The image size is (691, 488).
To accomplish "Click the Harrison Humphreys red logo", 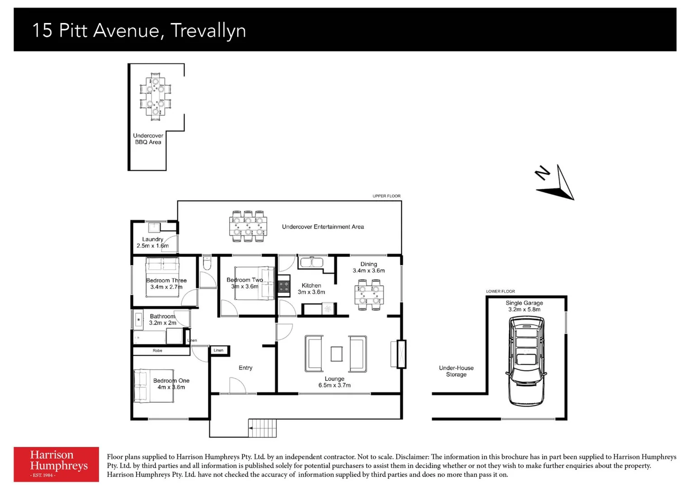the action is pyautogui.click(x=56, y=464).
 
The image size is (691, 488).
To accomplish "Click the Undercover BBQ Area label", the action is pyautogui.click(x=148, y=139).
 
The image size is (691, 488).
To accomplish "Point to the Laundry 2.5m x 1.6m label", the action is pyautogui.click(x=152, y=243).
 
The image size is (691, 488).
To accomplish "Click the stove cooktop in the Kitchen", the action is pyautogui.click(x=284, y=286).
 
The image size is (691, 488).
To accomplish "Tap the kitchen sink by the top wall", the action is pyautogui.click(x=312, y=262).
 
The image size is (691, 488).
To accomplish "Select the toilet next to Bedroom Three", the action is pyautogui.click(x=207, y=263).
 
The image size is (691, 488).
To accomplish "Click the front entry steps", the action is pyautogui.click(x=263, y=428).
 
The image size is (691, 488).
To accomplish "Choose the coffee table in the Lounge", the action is pyautogui.click(x=336, y=354).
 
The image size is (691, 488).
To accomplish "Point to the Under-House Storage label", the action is pyautogui.click(x=456, y=371).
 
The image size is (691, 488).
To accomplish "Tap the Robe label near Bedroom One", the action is pyautogui.click(x=157, y=351).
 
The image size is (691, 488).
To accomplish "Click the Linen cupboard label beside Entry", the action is pyautogui.click(x=218, y=350).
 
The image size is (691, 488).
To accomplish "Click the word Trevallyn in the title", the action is pyautogui.click(x=208, y=31).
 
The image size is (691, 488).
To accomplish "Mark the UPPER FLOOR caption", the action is pyautogui.click(x=386, y=196).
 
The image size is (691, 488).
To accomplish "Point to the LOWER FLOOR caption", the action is pyautogui.click(x=500, y=291).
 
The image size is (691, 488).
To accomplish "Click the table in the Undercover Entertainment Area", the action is pyautogui.click(x=248, y=226).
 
